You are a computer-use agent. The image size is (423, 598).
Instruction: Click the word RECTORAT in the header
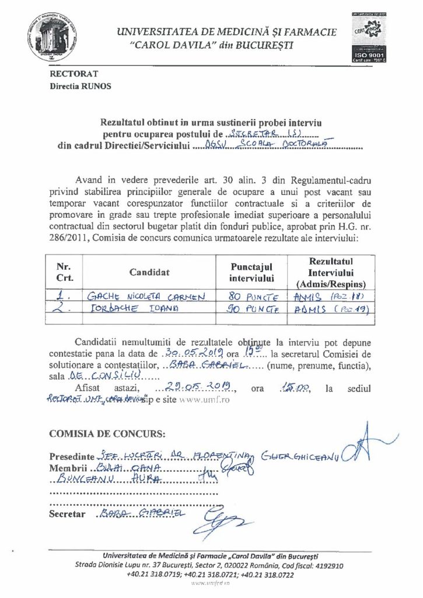pos(74,74)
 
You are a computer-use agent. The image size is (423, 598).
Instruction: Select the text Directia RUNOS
pos(79,86)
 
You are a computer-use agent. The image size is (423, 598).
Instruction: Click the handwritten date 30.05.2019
pos(190,354)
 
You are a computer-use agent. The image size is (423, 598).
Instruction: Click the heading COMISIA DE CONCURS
pos(107,434)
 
